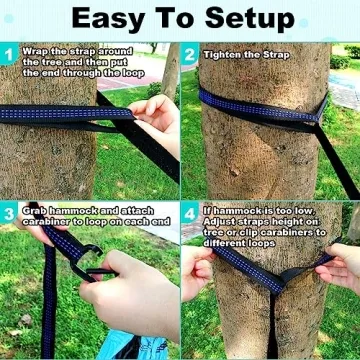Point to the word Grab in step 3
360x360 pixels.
34,210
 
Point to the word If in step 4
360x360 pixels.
206,210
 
